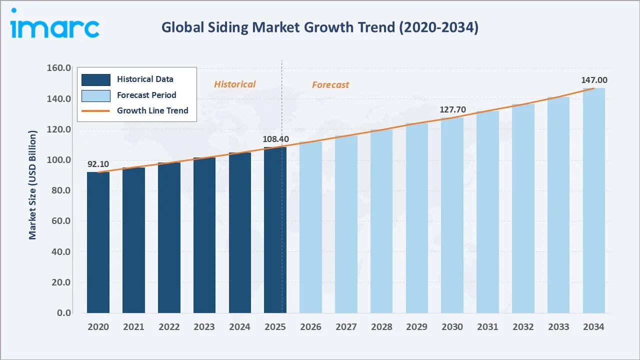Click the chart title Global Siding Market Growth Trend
(319, 27)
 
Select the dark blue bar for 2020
(98, 242)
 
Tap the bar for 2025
(275, 230)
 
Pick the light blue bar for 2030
(452, 215)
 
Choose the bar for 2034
(593, 200)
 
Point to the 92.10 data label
(98, 163)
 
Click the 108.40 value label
(275, 138)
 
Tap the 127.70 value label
(452, 109)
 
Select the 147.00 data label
(594, 80)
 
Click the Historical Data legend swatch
(96, 79)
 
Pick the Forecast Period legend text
(146, 95)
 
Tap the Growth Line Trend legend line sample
(96, 110)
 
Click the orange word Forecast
(330, 85)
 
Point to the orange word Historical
(234, 84)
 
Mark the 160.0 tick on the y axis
(58, 68)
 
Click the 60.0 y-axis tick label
(60, 221)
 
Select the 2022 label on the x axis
(169, 327)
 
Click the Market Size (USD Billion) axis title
(33, 185)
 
